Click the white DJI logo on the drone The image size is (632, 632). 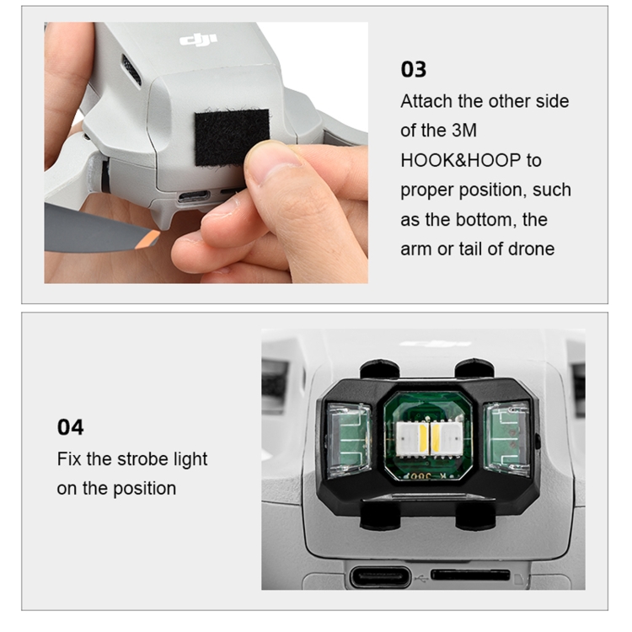tap(198, 40)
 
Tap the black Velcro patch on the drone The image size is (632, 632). tap(231, 137)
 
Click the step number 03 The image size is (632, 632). tap(413, 69)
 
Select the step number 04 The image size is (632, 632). tap(70, 427)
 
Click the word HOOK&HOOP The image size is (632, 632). tap(460, 160)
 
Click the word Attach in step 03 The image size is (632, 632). tap(426, 101)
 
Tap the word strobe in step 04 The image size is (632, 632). tap(142, 459)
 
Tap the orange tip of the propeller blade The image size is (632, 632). tap(151, 238)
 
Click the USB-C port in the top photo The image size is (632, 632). tap(195, 196)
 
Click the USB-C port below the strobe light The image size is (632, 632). tap(380, 577)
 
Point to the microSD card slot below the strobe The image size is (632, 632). tap(470, 575)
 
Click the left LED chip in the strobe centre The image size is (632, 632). tap(411, 439)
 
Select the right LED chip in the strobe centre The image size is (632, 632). tap(444, 439)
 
